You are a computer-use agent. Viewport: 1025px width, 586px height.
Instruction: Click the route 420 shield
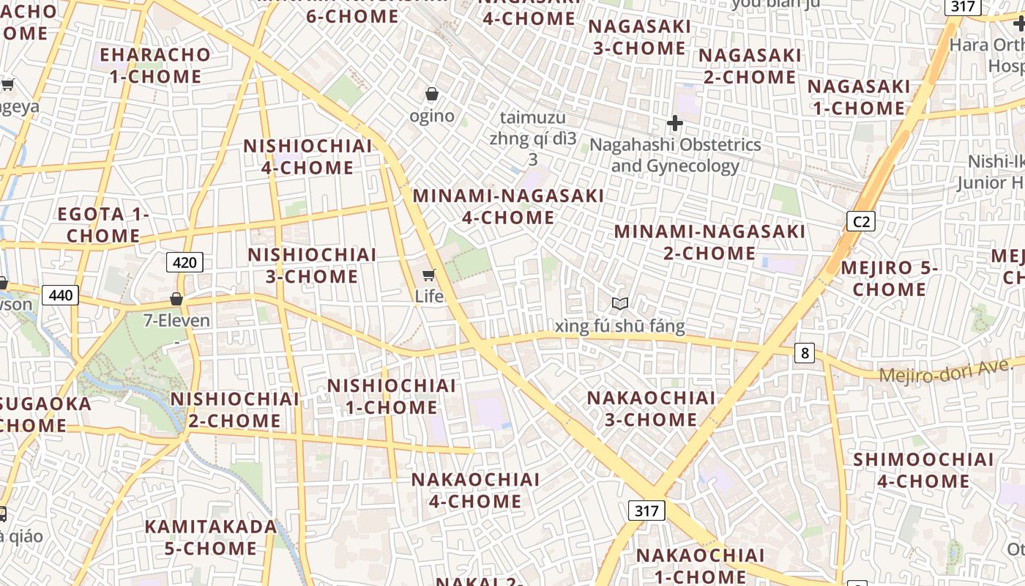[184, 262]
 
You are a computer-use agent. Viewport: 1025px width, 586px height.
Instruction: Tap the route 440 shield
[60, 295]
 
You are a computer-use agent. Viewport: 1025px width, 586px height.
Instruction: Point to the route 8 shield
[805, 353]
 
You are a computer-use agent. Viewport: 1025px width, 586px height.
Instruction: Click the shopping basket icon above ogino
[432, 94]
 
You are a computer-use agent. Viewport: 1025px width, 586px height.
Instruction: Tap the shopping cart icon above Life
[429, 275]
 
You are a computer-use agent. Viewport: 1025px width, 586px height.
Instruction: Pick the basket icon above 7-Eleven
[176, 299]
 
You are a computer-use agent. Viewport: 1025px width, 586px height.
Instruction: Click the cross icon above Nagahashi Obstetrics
[675, 123]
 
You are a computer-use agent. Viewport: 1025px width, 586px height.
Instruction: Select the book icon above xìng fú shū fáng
[620, 303]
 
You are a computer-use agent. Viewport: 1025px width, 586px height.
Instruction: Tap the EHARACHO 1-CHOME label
[155, 66]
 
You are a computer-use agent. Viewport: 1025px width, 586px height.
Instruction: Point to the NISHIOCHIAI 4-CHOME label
[307, 157]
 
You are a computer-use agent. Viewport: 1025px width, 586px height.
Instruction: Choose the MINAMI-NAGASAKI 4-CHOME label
[508, 207]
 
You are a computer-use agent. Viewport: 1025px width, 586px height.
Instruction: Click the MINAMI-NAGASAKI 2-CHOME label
[709, 242]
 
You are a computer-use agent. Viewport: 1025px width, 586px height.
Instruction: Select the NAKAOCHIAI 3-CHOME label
[652, 409]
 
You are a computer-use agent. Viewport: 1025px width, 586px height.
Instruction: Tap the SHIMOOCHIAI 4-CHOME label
[923, 470]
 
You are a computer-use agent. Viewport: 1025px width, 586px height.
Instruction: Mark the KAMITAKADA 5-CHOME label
[211, 537]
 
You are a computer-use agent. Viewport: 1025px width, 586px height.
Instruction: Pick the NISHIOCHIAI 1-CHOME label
[391, 396]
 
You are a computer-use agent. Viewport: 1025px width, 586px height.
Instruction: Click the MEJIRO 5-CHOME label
[889, 278]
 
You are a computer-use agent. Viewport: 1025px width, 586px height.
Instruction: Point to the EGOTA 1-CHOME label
[103, 225]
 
